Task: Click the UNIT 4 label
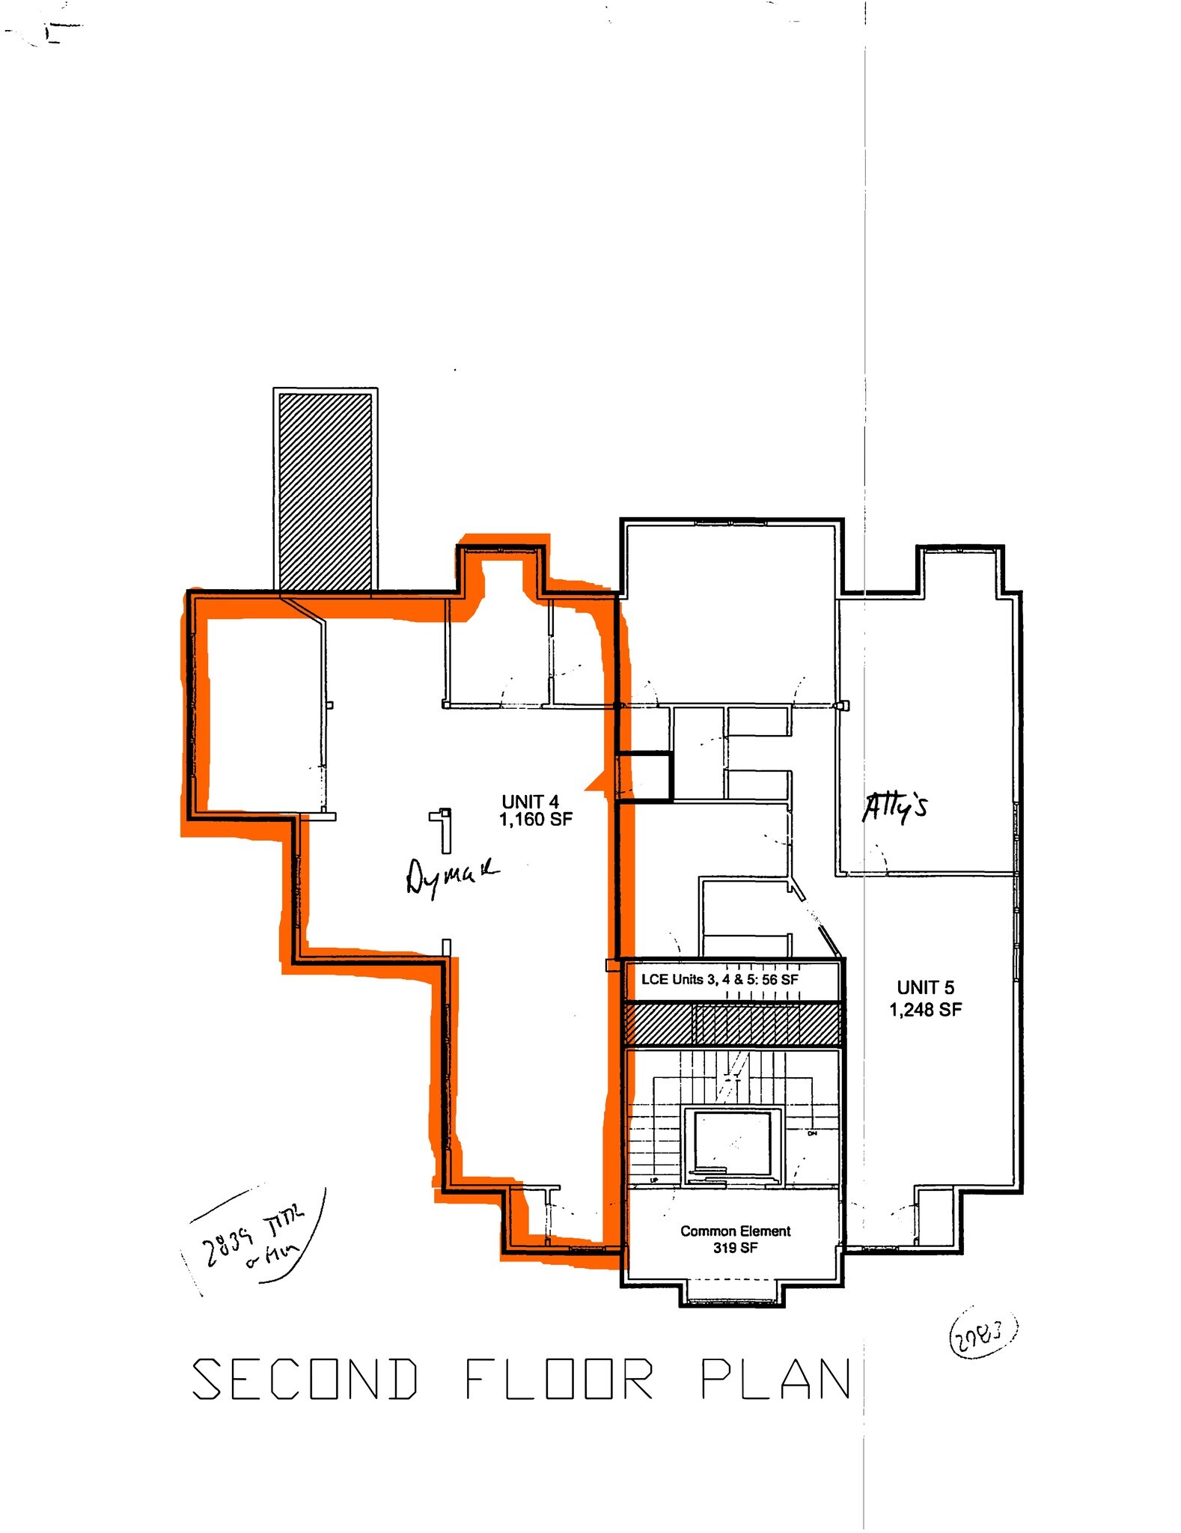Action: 530,802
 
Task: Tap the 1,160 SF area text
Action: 535,820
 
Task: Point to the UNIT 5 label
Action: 925,987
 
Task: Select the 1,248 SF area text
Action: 925,1010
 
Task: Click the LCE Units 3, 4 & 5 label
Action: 719,979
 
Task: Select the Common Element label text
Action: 735,1231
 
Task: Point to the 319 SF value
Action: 735,1248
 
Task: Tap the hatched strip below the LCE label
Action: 733,1024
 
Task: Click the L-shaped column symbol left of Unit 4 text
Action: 444,829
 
